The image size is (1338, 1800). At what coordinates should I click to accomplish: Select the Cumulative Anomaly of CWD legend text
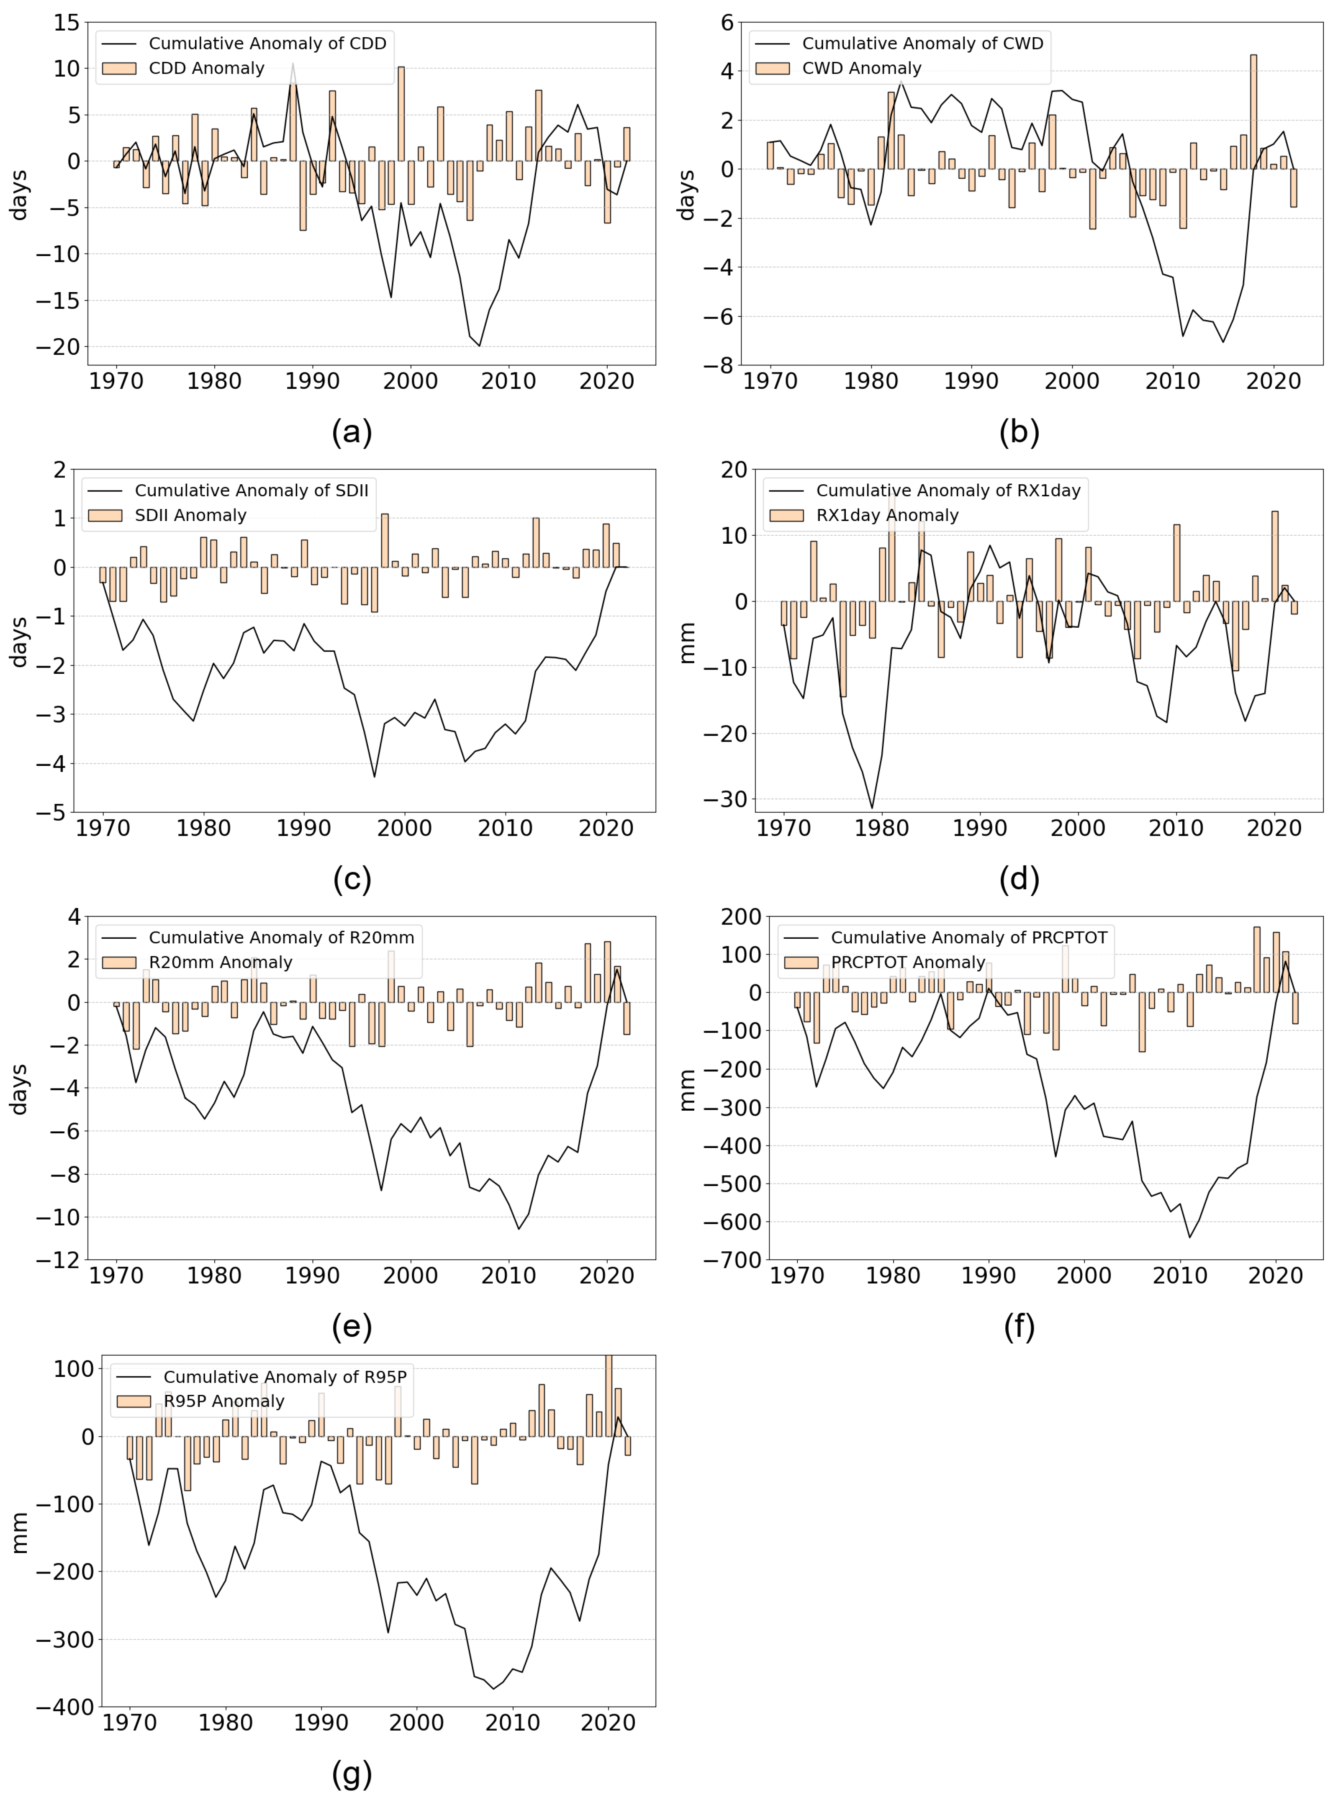point(922,43)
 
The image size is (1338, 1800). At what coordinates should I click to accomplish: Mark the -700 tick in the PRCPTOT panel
point(733,1260)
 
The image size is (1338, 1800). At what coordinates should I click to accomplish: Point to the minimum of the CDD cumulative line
point(480,346)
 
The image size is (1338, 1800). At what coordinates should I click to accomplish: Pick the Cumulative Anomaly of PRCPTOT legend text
point(969,937)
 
